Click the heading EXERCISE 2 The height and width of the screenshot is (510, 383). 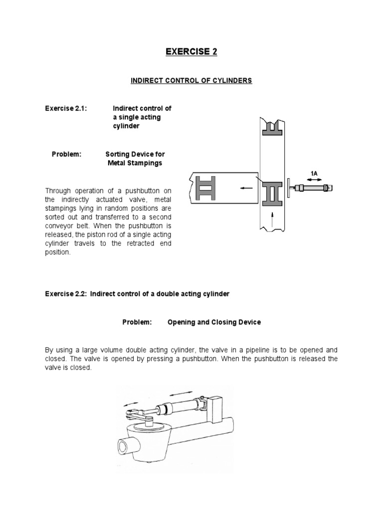pos(191,51)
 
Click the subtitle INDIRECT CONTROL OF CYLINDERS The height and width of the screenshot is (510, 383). pos(191,81)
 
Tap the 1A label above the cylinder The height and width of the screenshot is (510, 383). pos(314,173)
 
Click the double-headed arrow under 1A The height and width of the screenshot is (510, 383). pos(314,179)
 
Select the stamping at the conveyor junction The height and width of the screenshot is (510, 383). pos(273,192)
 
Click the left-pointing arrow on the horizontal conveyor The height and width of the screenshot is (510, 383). pos(244,188)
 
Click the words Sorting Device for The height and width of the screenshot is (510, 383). pos(135,154)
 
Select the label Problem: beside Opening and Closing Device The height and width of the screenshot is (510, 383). pos(137,322)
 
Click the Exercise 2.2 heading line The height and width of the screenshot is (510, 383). pos(137,294)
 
